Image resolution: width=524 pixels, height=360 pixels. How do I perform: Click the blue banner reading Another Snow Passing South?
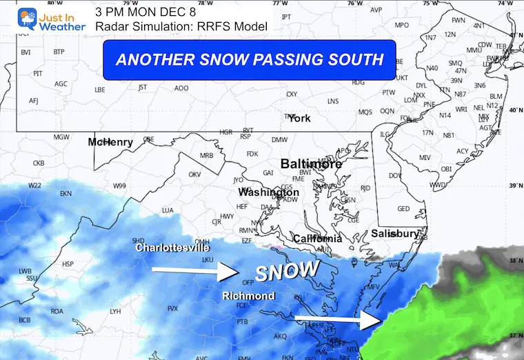(249, 59)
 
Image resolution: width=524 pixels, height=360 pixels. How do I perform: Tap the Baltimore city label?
(311, 164)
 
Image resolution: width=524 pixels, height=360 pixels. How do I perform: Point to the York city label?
(299, 118)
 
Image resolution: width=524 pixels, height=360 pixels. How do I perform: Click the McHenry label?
(110, 142)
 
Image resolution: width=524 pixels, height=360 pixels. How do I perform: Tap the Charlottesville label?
(172, 247)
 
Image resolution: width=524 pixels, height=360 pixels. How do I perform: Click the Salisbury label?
(394, 234)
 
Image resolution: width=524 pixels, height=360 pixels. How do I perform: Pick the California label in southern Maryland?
(317, 238)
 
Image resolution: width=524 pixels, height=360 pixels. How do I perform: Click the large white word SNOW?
(288, 270)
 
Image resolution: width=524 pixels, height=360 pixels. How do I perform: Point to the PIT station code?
(38, 73)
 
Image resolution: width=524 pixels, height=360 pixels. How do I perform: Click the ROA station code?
(57, 312)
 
